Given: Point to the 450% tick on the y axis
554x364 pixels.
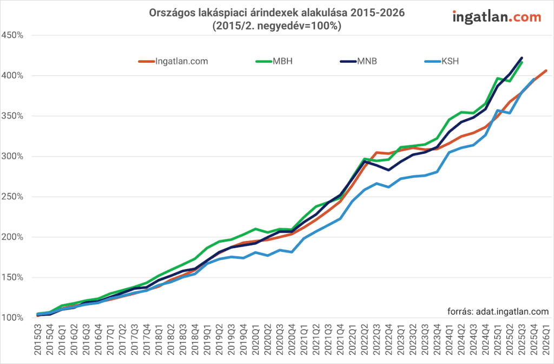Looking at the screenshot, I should [x=12, y=35].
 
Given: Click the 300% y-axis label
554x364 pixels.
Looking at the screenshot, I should [x=12, y=157].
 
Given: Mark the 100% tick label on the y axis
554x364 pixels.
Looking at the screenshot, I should [x=12, y=318].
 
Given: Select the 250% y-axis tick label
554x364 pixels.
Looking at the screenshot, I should [x=12, y=197].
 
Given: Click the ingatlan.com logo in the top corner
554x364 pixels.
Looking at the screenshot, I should [x=497, y=17].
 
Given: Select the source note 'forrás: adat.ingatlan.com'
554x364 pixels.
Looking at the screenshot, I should [x=498, y=311].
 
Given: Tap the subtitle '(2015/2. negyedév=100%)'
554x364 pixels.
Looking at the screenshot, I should [x=277, y=25].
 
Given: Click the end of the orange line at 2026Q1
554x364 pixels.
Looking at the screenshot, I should [x=546, y=70].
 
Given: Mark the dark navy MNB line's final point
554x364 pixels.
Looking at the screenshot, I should [x=522, y=57].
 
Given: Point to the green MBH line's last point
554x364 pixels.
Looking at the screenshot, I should [x=522, y=62].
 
